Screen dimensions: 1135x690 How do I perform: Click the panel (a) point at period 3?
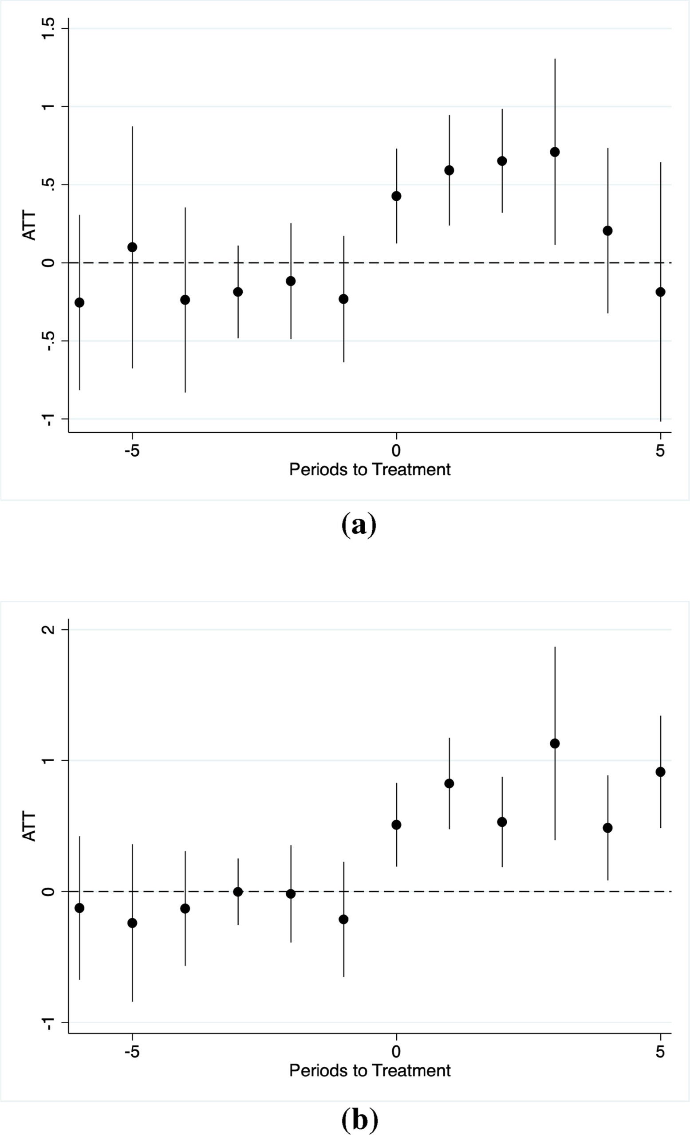click(555, 152)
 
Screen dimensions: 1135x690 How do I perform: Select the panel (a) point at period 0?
click(396, 196)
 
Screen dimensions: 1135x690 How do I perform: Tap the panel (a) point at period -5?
click(132, 247)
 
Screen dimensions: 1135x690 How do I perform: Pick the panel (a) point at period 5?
click(661, 292)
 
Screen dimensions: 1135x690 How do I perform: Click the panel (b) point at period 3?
click(555, 744)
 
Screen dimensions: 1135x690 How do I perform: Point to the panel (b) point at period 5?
click(661, 772)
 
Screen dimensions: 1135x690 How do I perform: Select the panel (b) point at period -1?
click(343, 920)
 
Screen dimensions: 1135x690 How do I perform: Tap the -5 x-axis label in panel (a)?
click(132, 450)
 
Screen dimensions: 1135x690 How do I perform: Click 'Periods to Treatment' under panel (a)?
click(370, 470)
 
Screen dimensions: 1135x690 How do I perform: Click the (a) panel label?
click(359, 524)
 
